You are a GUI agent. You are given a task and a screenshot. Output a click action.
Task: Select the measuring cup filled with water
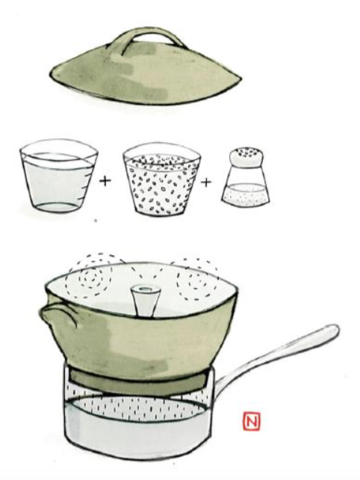(x=58, y=176)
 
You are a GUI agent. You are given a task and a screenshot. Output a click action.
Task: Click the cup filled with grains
(x=161, y=179)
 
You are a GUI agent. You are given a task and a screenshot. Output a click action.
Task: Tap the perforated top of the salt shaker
(x=246, y=156)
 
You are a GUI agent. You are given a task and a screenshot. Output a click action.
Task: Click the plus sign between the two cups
(x=105, y=181)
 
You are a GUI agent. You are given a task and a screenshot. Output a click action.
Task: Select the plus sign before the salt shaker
(x=206, y=182)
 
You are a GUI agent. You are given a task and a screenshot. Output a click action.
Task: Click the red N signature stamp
(x=252, y=422)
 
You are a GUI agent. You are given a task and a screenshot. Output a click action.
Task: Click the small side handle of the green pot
(x=59, y=316)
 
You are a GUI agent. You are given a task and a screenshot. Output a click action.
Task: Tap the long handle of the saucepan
(x=276, y=355)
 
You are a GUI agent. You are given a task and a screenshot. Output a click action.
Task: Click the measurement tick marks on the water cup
(x=86, y=184)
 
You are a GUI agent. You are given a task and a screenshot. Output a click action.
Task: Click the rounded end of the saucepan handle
(x=333, y=330)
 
